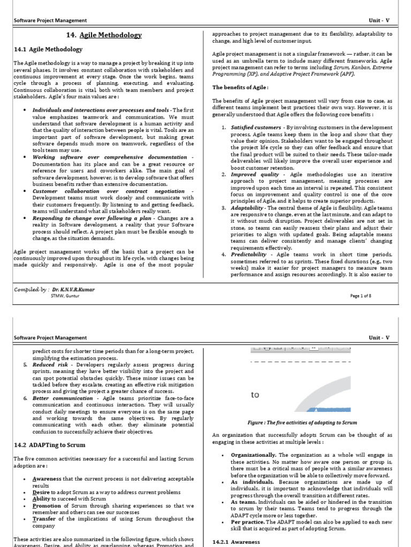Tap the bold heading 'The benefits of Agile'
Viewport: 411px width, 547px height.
click(240, 87)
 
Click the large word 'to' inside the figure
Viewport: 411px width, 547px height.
click(255, 395)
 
